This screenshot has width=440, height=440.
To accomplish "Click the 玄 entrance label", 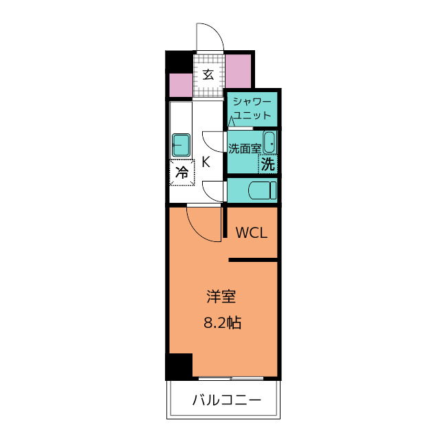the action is tap(208, 75).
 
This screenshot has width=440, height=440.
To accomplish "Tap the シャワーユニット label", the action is tap(252, 109).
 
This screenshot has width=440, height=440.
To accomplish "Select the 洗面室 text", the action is tap(245, 148).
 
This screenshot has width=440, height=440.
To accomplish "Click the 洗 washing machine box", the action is tap(267, 164).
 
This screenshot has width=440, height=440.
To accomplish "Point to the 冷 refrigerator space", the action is tap(181, 173).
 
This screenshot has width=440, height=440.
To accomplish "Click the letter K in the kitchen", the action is tap(206, 162).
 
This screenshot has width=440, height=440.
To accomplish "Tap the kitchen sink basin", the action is tap(181, 145).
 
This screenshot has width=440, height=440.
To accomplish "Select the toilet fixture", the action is tap(263, 190).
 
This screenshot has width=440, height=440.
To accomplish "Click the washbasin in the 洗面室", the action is tap(269, 142).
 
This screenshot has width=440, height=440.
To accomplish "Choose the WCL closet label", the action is tap(252, 232).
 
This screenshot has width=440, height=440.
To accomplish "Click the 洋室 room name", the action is tap(221, 296).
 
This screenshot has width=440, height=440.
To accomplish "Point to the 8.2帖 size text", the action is tap(222, 322).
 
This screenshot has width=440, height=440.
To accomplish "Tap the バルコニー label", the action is tap(227, 400).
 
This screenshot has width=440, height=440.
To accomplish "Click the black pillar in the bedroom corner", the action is tap(179, 366).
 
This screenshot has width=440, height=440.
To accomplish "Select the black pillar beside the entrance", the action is tap(179, 61).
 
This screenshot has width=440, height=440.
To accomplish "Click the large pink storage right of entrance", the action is tap(239, 71).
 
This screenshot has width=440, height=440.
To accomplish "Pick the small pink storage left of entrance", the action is tap(181, 85).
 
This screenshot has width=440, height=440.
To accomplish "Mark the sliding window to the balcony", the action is tap(231, 379).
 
